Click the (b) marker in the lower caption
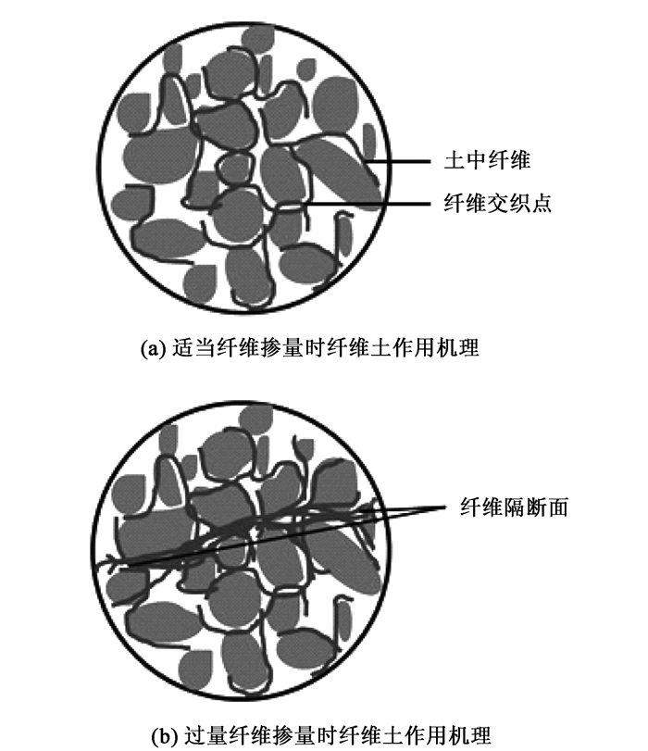[x=162, y=725]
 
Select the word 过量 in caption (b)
[x=196, y=725]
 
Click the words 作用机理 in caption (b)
[x=445, y=725]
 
